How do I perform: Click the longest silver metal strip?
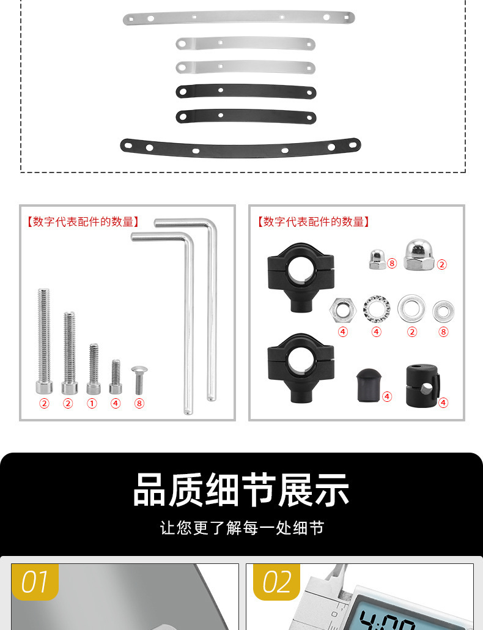[x=238, y=18]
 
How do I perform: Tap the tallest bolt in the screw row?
[x=44, y=341]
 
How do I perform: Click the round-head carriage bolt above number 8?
[x=139, y=380]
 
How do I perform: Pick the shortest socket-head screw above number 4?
[x=116, y=376]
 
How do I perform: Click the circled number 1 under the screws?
[x=92, y=404]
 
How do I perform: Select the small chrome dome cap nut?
[x=377, y=259]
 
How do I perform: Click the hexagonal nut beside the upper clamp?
[x=342, y=310]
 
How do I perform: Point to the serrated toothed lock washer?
[x=376, y=309]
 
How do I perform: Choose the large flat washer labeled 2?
[x=411, y=308]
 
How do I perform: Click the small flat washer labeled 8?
[x=443, y=311]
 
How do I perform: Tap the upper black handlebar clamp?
[x=301, y=276]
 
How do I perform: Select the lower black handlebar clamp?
[x=301, y=366]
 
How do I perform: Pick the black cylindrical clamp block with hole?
[x=422, y=386]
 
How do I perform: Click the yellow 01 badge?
[x=35, y=582]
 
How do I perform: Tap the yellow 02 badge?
[x=276, y=582]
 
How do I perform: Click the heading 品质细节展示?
[x=241, y=490]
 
